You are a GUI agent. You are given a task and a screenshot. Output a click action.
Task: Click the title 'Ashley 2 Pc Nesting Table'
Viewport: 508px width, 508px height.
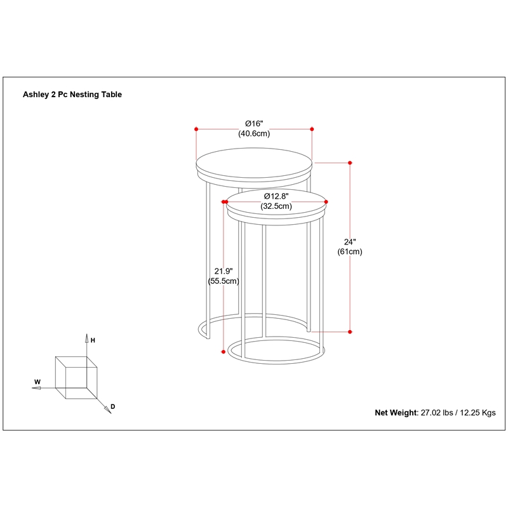(x=72, y=95)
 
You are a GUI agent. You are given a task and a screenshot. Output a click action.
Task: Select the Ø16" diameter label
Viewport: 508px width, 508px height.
(x=254, y=123)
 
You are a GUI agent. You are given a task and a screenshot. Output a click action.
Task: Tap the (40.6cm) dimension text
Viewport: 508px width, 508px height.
(x=254, y=133)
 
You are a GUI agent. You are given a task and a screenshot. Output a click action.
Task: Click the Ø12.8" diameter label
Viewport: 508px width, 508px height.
(x=276, y=196)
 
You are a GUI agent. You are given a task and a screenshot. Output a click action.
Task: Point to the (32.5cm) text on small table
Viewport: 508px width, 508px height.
(x=276, y=206)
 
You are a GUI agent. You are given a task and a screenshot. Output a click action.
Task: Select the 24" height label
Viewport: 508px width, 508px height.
(x=350, y=241)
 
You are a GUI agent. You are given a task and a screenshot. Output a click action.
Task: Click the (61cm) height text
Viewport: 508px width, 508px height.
(x=350, y=251)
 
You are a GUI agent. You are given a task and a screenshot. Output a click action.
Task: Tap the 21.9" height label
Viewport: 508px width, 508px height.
(x=223, y=270)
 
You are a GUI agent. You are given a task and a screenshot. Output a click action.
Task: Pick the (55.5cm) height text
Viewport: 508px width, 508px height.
(x=223, y=281)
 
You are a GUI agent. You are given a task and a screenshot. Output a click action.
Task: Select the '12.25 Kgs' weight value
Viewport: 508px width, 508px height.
(x=474, y=412)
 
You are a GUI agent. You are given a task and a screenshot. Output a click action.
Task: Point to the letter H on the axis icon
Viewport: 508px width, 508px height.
(x=93, y=340)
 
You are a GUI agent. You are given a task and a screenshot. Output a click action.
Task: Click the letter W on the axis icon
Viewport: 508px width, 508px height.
(x=37, y=382)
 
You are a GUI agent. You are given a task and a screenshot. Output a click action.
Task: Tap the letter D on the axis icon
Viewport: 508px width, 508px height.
(x=112, y=406)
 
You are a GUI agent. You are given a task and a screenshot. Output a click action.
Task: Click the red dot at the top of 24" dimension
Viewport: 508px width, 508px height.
(x=350, y=163)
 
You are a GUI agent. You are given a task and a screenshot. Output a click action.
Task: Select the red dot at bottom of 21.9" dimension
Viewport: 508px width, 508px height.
(x=223, y=351)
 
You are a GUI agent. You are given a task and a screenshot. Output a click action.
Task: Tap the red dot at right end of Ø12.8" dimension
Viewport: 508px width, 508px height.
(x=327, y=202)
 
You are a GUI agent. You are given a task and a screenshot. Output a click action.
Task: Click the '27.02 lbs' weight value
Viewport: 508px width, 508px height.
(x=438, y=412)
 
